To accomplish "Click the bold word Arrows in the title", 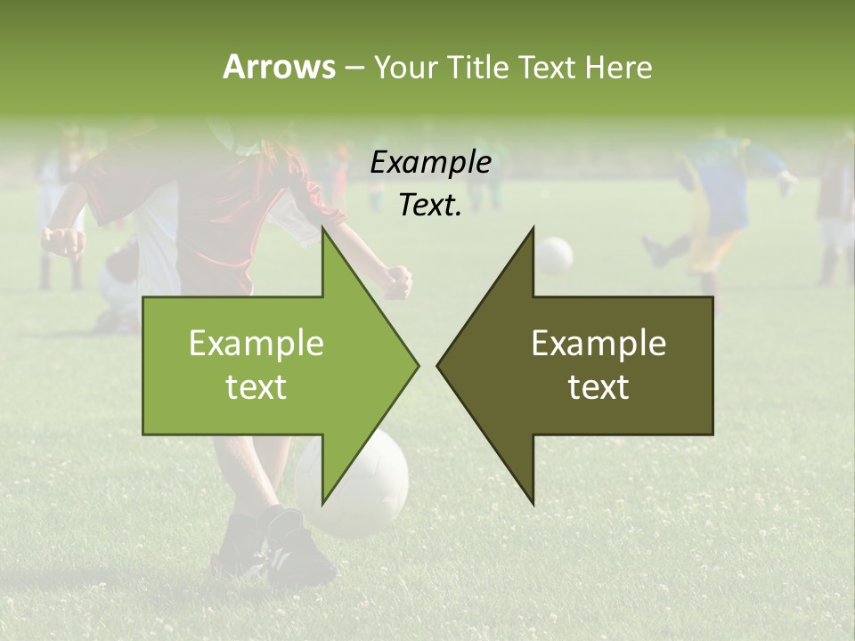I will click(x=279, y=67).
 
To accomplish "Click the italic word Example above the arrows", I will click(x=430, y=163).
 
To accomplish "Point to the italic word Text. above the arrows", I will click(x=430, y=206).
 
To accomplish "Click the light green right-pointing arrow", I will click(x=267, y=365).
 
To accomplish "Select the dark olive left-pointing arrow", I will click(x=588, y=365).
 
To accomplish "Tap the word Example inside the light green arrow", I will click(x=256, y=344).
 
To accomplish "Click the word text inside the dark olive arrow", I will click(x=598, y=386).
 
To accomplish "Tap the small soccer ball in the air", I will click(x=555, y=256).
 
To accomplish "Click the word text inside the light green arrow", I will click(x=256, y=387).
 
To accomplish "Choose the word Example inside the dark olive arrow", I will click(x=598, y=344).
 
